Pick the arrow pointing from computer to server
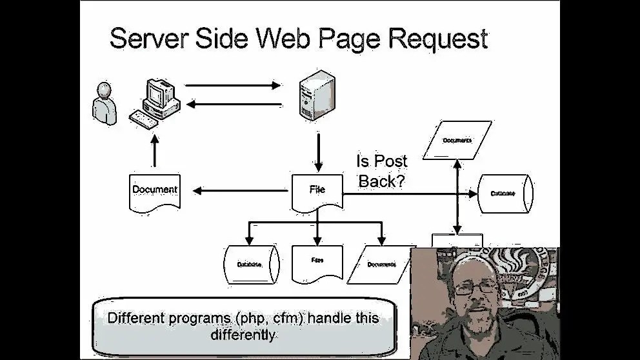click(232, 85)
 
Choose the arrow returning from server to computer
click(232, 105)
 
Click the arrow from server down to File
click(318, 150)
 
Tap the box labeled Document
click(154, 190)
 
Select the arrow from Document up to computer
click(154, 151)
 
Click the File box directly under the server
click(317, 191)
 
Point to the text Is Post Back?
click(382, 171)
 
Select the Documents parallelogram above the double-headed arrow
click(457, 141)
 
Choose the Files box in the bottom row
click(317, 262)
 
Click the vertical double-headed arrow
click(457, 197)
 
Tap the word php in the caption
click(247, 318)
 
